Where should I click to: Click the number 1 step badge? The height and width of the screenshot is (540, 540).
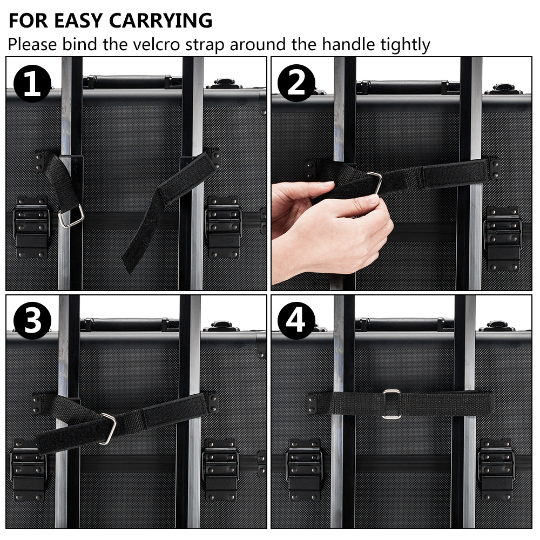pos(32,83)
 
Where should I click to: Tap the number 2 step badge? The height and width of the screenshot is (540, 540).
pos(296,83)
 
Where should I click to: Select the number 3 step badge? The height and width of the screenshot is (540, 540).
pos(32,321)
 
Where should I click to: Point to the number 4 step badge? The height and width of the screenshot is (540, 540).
pos(296,321)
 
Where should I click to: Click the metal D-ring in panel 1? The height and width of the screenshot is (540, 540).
pos(71,217)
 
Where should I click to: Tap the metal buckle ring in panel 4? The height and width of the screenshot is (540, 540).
pos(391,403)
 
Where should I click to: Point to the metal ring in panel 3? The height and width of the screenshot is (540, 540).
pos(110,429)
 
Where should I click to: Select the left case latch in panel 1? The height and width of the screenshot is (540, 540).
pos(31,228)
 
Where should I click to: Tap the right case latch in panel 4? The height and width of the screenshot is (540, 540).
pos(496,469)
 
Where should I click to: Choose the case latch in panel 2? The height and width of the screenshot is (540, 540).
pos(503,238)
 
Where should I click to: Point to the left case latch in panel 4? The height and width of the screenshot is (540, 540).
pos(304,469)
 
